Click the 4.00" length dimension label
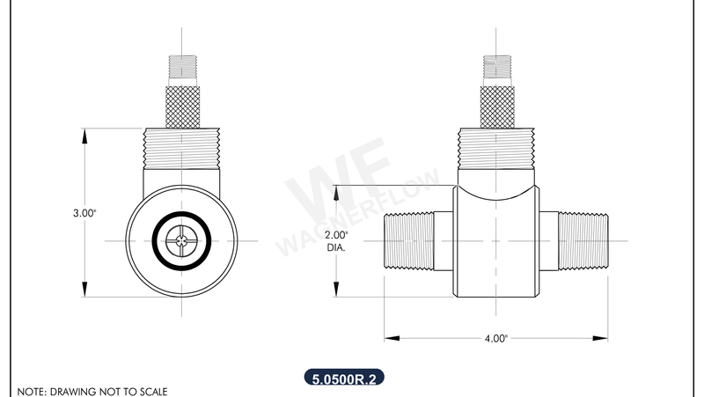coord(495,337)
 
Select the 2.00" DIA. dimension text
coord(337,241)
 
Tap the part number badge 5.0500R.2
coord(344,379)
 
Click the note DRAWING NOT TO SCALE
coord(92,390)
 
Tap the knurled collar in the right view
coord(495,107)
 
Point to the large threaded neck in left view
coord(181,147)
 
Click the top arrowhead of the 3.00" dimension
coord(84,135)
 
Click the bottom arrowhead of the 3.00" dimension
coord(84,291)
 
